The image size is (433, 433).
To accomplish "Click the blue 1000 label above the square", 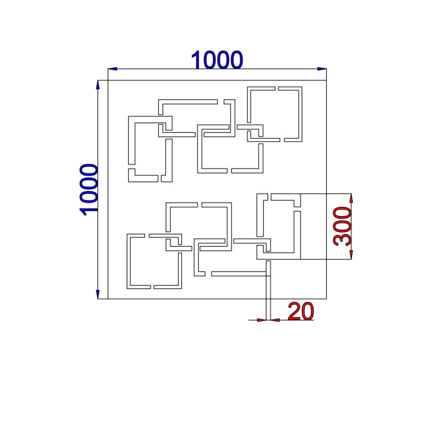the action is [217, 60].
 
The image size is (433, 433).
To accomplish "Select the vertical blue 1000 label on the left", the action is [89, 190].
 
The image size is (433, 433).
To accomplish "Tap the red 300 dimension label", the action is [342, 226].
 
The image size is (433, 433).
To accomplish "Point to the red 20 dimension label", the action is [301, 311].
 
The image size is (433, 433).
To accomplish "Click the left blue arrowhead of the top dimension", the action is [113, 69].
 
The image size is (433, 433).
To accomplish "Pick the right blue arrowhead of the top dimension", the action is [322, 69].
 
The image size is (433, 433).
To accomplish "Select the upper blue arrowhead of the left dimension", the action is [98, 85].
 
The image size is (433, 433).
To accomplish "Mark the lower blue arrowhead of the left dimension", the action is [98, 294].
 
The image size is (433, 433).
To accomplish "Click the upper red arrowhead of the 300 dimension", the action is [351, 198].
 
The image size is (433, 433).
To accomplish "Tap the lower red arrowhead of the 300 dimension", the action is [351, 255].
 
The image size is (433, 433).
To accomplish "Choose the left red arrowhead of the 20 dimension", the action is [262, 320].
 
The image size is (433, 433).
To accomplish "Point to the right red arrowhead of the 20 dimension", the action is [275, 320].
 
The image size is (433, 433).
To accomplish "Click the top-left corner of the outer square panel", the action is [108, 80].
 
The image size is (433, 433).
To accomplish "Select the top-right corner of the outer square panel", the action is [326, 80].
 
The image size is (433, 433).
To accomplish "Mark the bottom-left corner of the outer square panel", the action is [108, 299].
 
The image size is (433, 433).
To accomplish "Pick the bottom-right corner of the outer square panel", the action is [326, 299].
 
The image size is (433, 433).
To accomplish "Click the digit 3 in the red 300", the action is [342, 239].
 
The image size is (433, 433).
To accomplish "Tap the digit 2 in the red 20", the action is [294, 311].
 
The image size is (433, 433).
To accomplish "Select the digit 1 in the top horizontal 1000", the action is [196, 60].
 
